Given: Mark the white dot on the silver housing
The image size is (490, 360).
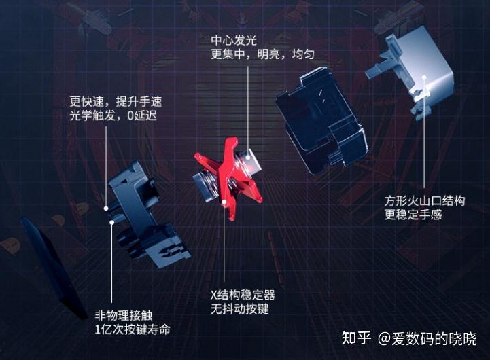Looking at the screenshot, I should click(x=425, y=88).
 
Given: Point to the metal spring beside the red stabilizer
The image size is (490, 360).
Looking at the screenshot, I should click(x=204, y=184).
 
